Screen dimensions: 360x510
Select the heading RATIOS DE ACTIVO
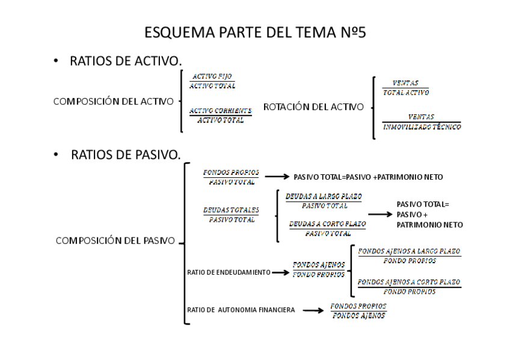pos(126,61)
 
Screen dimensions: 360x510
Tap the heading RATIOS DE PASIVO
pos(126,155)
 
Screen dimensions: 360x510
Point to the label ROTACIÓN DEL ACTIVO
pos(313,107)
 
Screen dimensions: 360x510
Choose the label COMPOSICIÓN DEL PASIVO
pos(115,241)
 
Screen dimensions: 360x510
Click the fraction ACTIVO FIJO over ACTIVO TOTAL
pos(212,81)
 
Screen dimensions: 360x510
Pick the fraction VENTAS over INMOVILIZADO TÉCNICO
pos(421,121)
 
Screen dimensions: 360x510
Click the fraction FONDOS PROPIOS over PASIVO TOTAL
pos(231,177)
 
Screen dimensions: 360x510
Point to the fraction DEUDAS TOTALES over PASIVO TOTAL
pos(231,215)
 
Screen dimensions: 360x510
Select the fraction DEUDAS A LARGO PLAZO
pos(324,201)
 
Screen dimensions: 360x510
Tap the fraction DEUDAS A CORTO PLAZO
pos(327,228)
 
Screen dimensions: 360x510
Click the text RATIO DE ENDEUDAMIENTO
pos(229,272)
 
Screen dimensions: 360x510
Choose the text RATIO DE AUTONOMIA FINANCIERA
pos(241,310)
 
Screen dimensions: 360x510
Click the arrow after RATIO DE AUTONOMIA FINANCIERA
pos(314,311)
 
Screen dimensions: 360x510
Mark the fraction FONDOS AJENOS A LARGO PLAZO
pos(409,256)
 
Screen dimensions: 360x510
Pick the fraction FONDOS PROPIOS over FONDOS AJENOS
pos(358,311)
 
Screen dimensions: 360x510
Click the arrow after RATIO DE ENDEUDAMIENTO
pos(280,272)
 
